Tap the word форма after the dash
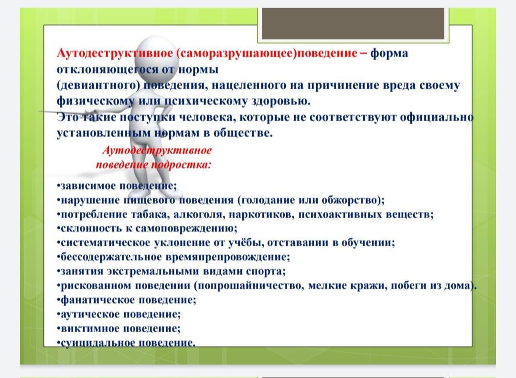(389, 53)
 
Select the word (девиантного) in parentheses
(98, 85)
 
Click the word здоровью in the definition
(281, 101)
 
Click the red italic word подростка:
(182, 165)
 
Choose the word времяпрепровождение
(227, 257)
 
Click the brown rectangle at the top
(353, 23)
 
